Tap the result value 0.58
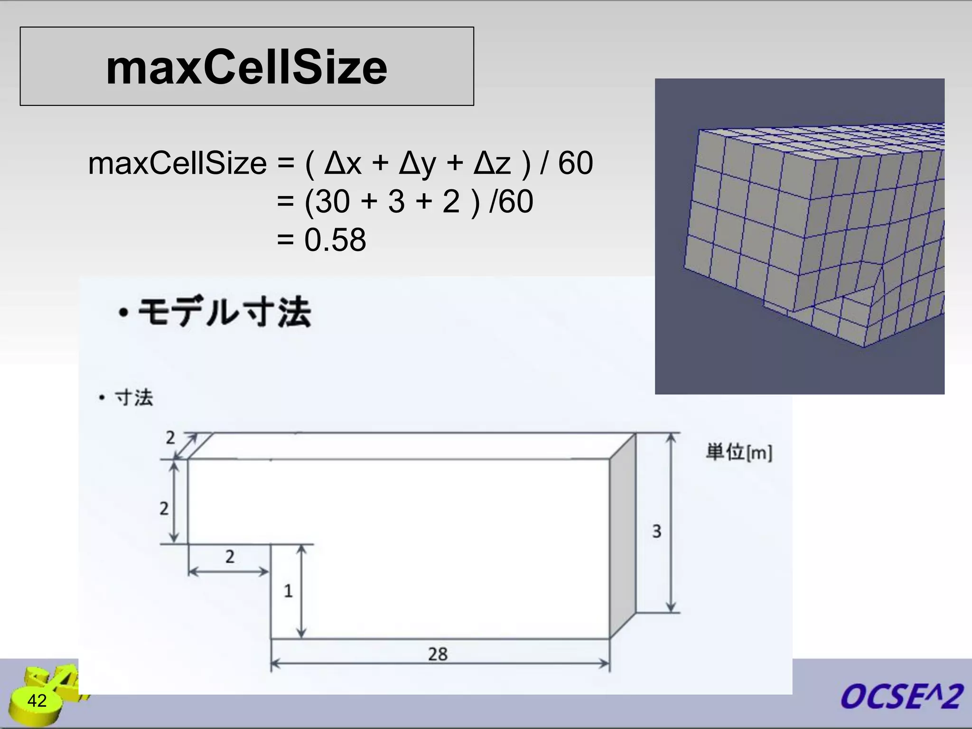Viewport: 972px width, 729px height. (335, 240)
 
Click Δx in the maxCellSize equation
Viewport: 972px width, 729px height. (343, 163)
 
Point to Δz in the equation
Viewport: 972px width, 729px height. (492, 163)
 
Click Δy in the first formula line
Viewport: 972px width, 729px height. (417, 164)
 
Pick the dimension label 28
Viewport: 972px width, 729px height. (438, 654)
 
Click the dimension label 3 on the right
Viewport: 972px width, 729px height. (656, 531)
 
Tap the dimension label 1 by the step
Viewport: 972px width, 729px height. (288, 591)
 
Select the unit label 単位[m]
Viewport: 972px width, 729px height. (738, 452)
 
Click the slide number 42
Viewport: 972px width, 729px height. (37, 701)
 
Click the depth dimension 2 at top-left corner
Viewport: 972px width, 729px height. (170, 438)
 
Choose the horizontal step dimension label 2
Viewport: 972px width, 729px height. (230, 556)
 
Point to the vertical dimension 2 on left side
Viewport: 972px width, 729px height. (164, 508)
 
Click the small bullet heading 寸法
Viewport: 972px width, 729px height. (134, 398)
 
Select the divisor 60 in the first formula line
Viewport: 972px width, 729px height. (575, 163)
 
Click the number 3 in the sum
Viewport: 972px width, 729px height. (396, 202)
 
